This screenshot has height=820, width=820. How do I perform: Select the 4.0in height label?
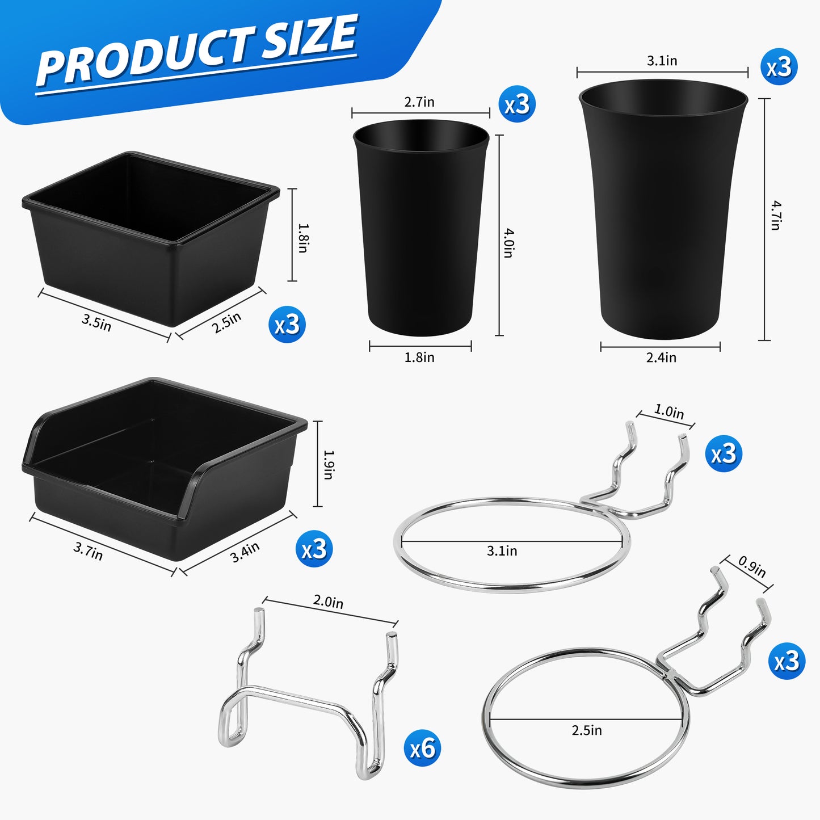point(508,242)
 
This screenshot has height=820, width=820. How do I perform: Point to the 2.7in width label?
point(419,102)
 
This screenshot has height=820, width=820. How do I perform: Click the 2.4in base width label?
point(661,358)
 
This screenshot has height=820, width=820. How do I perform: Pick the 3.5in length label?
point(96,322)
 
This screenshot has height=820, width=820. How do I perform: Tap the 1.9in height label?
point(328,465)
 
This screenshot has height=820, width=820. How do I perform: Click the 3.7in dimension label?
point(88,551)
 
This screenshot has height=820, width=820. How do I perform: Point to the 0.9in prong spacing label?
point(751,566)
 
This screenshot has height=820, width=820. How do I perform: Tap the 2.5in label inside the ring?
point(587,731)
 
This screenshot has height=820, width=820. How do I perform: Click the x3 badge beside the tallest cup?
point(779,67)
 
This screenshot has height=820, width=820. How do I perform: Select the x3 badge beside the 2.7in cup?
point(517,104)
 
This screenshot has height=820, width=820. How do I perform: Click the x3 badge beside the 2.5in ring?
point(787,661)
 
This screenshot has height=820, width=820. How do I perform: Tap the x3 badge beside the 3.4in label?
point(314,549)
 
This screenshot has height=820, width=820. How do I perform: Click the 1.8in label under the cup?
point(419,358)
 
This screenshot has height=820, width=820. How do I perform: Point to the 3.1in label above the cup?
point(662,61)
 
